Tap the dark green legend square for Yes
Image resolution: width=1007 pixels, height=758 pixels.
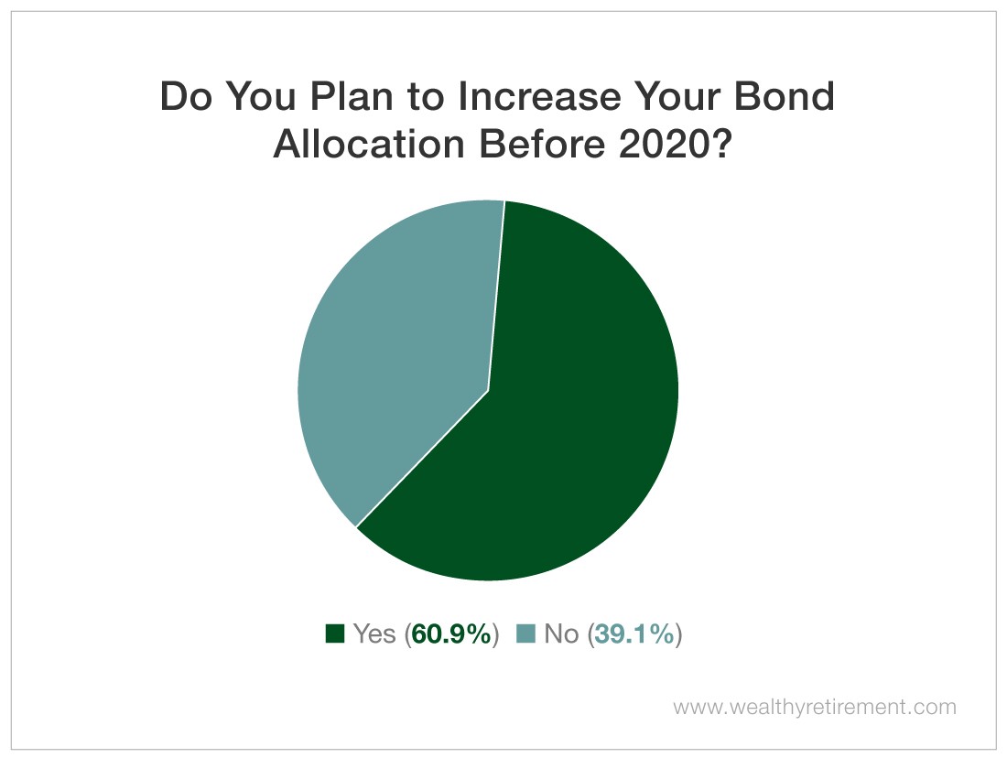pyautogui.click(x=334, y=634)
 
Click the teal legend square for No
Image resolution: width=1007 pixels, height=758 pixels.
pyautogui.click(x=526, y=634)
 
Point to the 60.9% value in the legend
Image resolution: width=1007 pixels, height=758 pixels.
pyautogui.click(x=451, y=634)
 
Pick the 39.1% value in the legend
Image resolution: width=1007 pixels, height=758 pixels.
pyautogui.click(x=635, y=634)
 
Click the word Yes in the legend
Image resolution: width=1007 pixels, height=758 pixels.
pyautogui.click(x=374, y=634)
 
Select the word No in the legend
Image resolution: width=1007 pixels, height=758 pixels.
pyautogui.click(x=561, y=634)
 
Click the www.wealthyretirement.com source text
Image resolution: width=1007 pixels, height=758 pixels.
pyautogui.click(x=815, y=708)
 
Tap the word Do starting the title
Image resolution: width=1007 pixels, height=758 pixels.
pyautogui.click(x=186, y=96)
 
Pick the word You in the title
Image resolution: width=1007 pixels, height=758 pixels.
pyautogui.click(x=261, y=96)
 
